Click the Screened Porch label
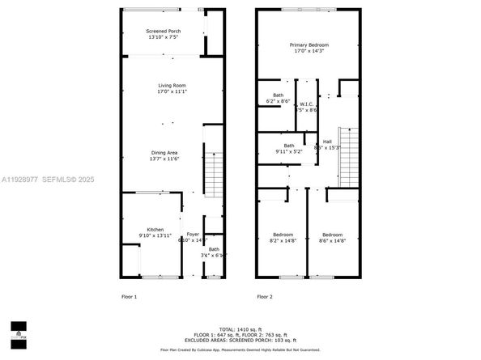164,32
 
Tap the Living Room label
172,85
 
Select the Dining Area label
164,152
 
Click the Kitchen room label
155,229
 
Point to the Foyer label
192,234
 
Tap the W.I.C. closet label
306,104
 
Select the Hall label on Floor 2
327,142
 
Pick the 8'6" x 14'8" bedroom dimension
333,240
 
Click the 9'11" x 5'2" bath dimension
288,151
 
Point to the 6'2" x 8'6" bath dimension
278,101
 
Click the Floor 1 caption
130,297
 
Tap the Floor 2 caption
265,297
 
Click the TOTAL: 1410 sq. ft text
240,330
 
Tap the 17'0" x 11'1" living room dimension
172,91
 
